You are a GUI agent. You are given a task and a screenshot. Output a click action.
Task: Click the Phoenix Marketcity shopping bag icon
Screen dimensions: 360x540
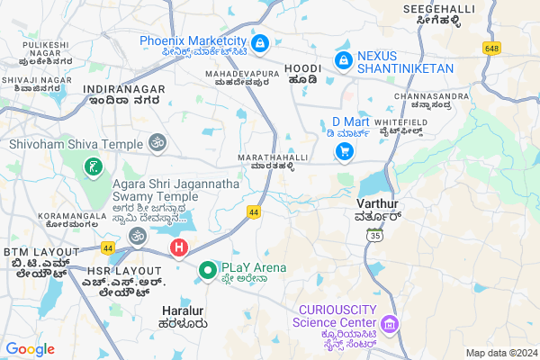(x=259, y=42)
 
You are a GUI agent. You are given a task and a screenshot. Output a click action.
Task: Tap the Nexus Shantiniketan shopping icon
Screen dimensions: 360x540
(x=343, y=60)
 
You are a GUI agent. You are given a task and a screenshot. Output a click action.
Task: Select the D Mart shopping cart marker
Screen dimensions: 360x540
(x=344, y=152)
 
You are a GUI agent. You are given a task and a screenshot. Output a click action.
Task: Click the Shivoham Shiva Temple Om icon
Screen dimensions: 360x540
(x=157, y=143)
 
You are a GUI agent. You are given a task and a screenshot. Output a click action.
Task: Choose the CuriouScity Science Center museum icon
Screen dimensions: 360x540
(x=390, y=322)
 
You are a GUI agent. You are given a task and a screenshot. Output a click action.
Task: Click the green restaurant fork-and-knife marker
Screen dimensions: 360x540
(x=94, y=167)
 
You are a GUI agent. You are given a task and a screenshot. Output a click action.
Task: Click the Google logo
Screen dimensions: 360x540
(x=31, y=349)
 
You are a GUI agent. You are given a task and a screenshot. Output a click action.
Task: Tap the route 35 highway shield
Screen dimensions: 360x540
(x=374, y=235)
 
